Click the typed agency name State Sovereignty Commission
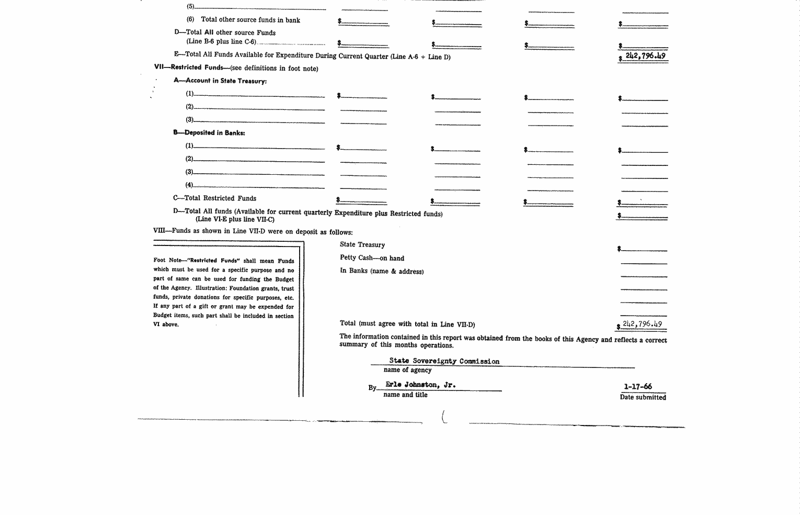444,361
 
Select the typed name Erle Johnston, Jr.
420,385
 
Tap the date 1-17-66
638,387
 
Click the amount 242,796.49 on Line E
645,55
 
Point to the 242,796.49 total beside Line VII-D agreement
642,324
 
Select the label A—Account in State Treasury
220,81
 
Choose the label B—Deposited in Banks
209,133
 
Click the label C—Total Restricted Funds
214,198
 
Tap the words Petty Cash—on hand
372,258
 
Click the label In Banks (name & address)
382,271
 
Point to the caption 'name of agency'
407,370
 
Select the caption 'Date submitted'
643,397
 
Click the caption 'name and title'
405,395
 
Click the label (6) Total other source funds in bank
244,20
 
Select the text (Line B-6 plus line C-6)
221,42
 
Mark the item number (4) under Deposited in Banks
189,185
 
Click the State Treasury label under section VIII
362,245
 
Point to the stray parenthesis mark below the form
444,417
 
